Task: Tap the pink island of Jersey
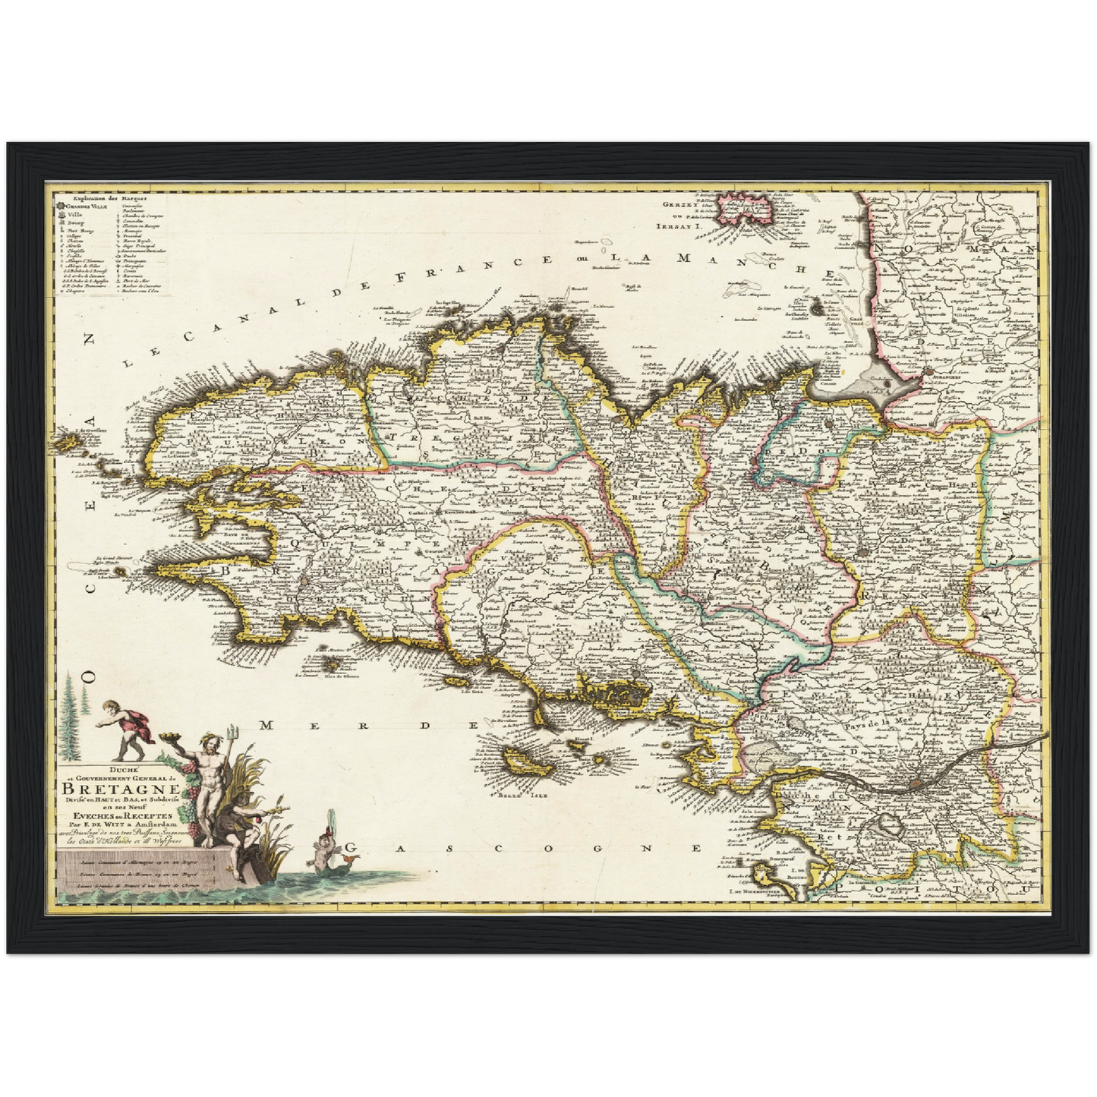[748, 206]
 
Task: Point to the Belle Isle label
[512, 796]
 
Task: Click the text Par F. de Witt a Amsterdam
[122, 822]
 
